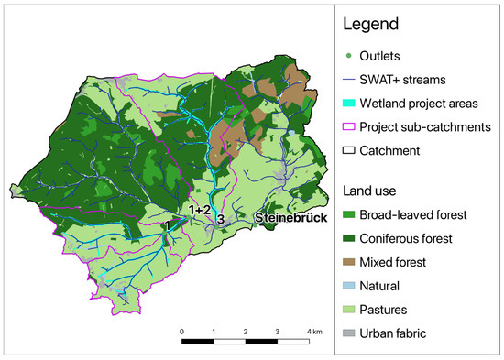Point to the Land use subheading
click(372, 191)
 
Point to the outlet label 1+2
click(200, 211)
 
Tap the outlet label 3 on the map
click(221, 218)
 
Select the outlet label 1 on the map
click(167, 224)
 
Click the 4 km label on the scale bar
click(313, 331)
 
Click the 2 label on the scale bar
click(246, 331)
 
